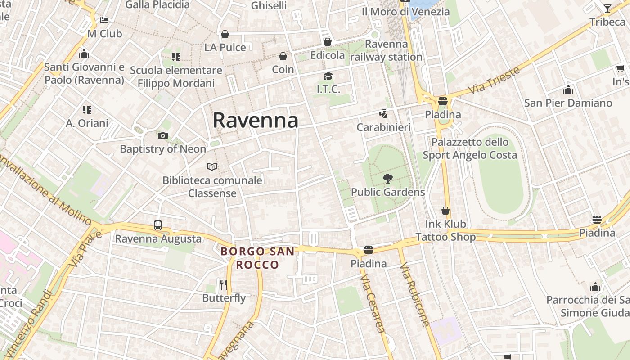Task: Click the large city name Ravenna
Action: pos(255,120)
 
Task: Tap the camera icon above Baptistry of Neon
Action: pos(163,135)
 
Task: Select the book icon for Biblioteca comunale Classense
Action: pos(212,166)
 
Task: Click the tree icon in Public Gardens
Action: pos(387,179)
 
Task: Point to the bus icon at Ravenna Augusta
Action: pos(158,225)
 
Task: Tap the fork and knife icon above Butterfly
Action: pos(224,284)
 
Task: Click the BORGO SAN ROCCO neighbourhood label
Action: pos(258,258)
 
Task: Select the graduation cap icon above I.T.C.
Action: pos(328,76)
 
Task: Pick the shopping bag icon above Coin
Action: pos(283,56)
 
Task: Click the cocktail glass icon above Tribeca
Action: pos(607,8)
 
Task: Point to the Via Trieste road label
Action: pos(494,80)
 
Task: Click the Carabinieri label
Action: pos(383,127)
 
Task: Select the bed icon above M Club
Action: pos(104,20)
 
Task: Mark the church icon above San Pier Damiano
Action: pos(568,90)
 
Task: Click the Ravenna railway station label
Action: pos(386,51)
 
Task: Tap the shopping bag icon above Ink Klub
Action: pos(445,211)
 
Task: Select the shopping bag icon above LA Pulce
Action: pos(225,34)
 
